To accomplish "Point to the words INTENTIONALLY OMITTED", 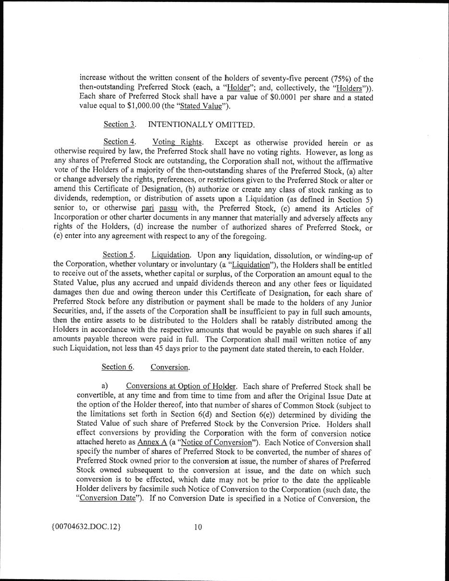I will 201,125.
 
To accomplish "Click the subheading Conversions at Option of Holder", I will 181,386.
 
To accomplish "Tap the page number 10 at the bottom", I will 198,527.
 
